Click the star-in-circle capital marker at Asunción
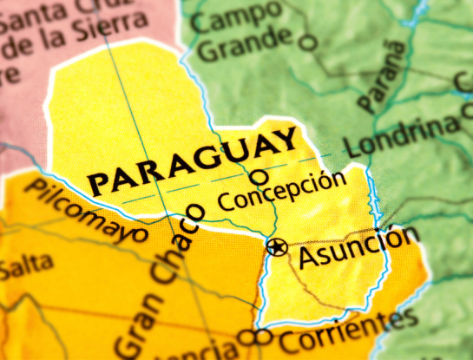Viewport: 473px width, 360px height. (x=277, y=247)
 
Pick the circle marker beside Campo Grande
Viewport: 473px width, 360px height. (x=308, y=41)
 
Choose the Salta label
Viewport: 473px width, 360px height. (x=24, y=268)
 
